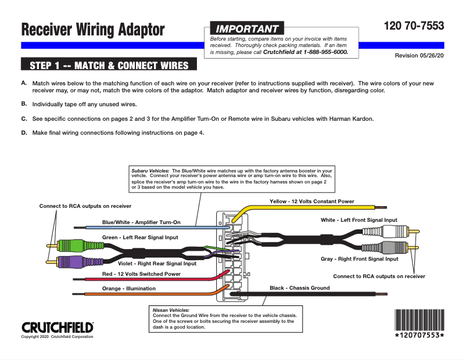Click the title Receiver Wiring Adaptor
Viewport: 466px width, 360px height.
tap(93, 30)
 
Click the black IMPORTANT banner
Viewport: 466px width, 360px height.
tap(247, 28)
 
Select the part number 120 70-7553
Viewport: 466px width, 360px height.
tap(414, 26)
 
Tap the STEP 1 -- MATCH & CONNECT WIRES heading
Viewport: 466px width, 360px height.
tap(109, 64)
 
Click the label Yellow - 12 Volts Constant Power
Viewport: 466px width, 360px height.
tap(311, 201)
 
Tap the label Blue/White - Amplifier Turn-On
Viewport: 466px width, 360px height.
tap(141, 222)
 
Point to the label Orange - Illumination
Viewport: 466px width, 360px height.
tap(129, 288)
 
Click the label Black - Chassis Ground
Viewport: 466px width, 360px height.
tap(299, 288)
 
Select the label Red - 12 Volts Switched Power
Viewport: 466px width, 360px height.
tap(141, 273)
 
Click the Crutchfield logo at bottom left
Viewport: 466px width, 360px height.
tap(57, 326)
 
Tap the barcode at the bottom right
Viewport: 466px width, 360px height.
tap(419, 320)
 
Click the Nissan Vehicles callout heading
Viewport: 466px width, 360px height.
tap(171, 310)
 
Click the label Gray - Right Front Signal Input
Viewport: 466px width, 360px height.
tap(359, 259)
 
